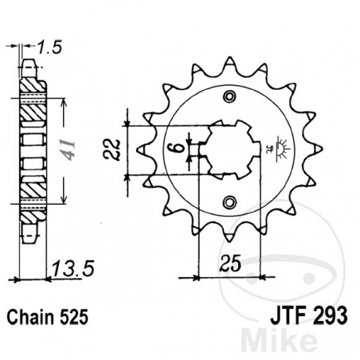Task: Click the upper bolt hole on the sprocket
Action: click(x=230, y=98)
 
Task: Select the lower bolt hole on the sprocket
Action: click(x=230, y=200)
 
